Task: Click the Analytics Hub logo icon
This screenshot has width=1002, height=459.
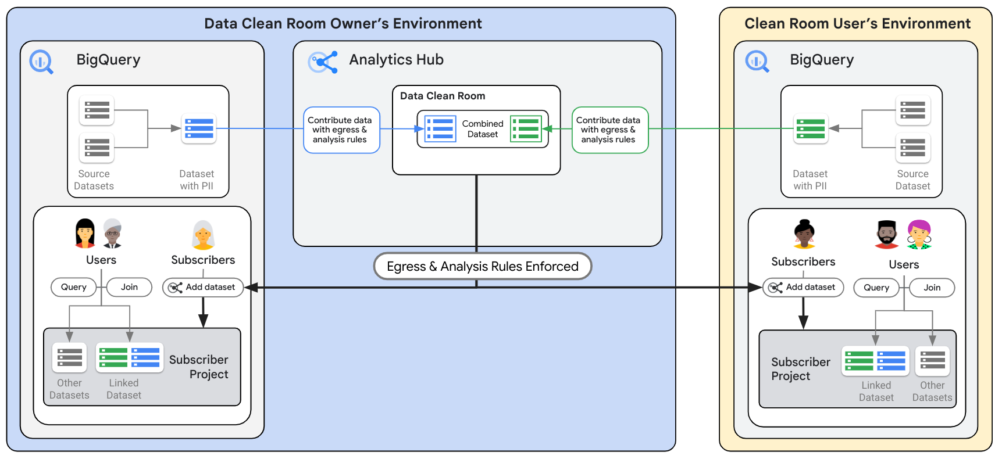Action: coord(323,62)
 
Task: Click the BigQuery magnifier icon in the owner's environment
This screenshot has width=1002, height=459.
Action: coord(41,62)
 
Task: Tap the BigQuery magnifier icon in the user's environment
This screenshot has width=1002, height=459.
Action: coord(757,62)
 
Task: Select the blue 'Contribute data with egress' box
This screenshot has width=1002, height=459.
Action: coord(341,130)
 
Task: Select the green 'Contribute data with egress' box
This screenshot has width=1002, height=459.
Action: coord(609,130)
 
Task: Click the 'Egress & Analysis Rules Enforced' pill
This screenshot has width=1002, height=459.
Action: coord(482,266)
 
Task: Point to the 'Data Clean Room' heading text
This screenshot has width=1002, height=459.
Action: coord(442,96)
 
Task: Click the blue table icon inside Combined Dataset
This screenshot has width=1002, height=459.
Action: coord(440,129)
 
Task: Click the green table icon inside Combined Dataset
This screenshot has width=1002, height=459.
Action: coord(526,129)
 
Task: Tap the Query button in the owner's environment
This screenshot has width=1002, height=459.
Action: coord(74,287)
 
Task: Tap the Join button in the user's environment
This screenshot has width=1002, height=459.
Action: coord(932,288)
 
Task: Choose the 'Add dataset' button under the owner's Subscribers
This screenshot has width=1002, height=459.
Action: coord(203,287)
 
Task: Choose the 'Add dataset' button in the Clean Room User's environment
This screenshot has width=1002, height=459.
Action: coord(803,287)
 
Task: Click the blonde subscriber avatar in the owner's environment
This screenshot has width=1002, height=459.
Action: coord(203,235)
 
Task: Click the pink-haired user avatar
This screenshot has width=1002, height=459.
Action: coord(919,235)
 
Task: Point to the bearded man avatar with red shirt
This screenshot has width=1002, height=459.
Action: coord(887,235)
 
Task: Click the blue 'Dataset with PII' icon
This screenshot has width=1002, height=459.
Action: coord(199,128)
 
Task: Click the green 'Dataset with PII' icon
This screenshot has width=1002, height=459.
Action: coord(811,128)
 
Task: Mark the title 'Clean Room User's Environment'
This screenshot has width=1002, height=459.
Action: coord(857,24)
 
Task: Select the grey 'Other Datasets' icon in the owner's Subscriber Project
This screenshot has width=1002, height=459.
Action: coord(69,357)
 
